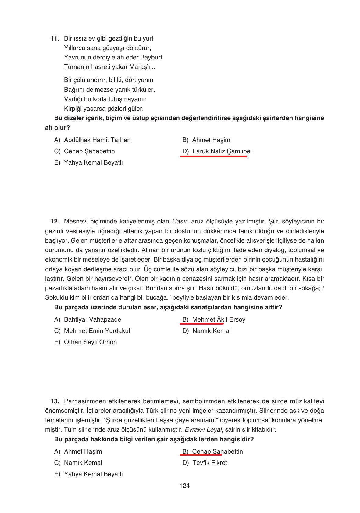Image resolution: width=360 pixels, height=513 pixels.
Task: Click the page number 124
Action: [x=184, y=486]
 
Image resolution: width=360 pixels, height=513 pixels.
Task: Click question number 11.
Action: [x=55, y=38]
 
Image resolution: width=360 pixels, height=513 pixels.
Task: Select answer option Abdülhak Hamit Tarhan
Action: [x=97, y=140]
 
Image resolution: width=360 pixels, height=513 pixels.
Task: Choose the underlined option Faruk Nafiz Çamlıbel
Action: [x=222, y=151]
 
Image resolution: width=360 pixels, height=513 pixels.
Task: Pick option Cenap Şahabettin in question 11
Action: [x=89, y=151]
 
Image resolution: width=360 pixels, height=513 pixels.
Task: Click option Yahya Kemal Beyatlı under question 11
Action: [x=93, y=162]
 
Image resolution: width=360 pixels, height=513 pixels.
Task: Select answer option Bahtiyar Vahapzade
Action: [x=92, y=319]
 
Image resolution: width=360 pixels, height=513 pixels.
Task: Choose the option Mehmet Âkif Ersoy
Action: [x=219, y=319]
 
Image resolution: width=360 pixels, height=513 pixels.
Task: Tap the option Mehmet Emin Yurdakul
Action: [x=97, y=331]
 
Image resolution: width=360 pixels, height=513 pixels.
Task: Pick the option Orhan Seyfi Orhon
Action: [x=90, y=342]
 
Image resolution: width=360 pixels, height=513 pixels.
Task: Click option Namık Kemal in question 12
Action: [x=211, y=331]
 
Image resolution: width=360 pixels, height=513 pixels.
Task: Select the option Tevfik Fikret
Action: [x=209, y=463]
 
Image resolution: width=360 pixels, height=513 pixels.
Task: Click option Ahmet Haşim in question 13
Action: [x=83, y=451]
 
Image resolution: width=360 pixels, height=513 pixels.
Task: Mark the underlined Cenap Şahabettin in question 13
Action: [x=217, y=451]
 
